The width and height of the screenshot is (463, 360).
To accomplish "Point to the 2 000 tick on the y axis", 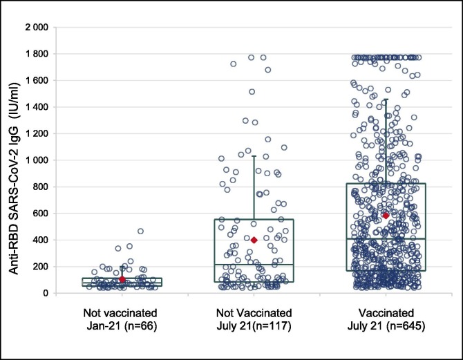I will (x=35, y=28).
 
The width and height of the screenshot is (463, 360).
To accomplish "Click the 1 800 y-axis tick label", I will (x=35, y=54).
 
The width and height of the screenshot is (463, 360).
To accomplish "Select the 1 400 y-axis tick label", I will (x=35, y=107).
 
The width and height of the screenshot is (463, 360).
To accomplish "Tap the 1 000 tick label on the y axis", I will (x=35, y=160).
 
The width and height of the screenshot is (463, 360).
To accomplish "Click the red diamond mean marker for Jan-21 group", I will (x=122, y=279).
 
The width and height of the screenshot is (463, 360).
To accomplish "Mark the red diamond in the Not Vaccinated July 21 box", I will (x=254, y=240).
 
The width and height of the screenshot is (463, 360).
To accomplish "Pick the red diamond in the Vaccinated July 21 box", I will (x=386, y=216).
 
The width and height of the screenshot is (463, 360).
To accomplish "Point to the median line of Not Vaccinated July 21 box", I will (x=254, y=265).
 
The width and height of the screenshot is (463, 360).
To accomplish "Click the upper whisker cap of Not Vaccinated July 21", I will (x=254, y=156).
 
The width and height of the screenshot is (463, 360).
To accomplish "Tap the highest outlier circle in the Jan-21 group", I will (x=140, y=231).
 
